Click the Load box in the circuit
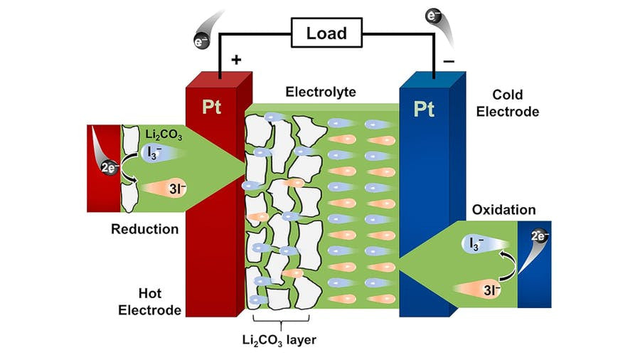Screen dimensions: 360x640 pos(326,33)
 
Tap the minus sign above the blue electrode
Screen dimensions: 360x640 pos(449,61)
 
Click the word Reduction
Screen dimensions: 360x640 pos(144,229)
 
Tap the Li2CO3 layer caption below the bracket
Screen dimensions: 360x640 pos(278,340)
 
